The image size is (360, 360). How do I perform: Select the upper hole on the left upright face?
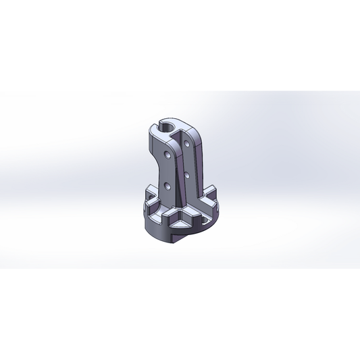click(166, 154)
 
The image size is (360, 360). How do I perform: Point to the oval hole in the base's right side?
click(203, 220)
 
